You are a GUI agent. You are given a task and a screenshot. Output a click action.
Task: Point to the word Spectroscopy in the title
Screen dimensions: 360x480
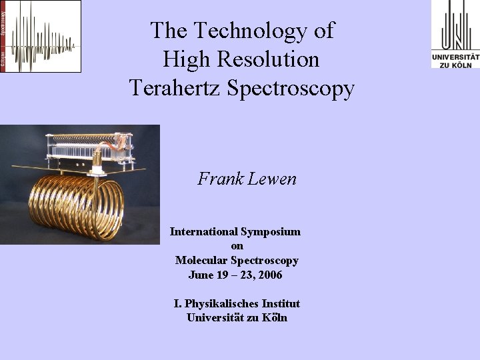coord(290,89)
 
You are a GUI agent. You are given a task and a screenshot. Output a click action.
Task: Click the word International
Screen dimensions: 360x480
coord(203,232)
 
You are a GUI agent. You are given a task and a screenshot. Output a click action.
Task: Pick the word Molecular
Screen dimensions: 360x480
coord(203,261)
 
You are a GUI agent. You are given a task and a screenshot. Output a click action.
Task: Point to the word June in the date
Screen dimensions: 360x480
coord(200,275)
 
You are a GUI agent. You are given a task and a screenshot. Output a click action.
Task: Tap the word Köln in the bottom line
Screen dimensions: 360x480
coord(275,318)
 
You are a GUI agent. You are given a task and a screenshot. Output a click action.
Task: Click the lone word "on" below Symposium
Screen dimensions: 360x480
coord(237,246)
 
